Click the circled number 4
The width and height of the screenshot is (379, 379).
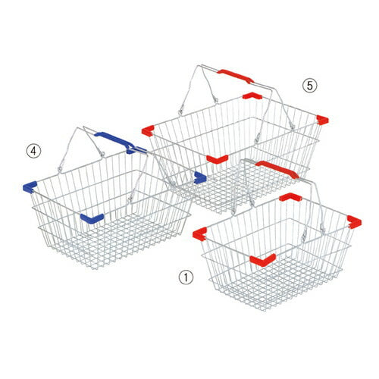click(x=33, y=152)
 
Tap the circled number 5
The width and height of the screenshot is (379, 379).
click(x=309, y=86)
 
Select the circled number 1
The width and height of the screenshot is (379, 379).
click(x=186, y=277)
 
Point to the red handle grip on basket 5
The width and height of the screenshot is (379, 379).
click(x=236, y=76)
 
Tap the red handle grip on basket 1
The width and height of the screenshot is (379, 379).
click(x=277, y=169)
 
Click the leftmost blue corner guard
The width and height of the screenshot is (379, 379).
click(x=30, y=188)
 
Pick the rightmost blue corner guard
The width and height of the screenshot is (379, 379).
click(x=200, y=177)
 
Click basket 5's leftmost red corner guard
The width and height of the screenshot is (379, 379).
click(x=148, y=131)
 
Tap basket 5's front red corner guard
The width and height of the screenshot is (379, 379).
click(x=218, y=159)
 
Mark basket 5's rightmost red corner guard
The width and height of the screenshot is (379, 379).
click(x=322, y=120)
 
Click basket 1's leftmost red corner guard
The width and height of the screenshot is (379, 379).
click(x=199, y=233)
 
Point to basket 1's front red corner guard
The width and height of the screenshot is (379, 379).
click(x=263, y=260)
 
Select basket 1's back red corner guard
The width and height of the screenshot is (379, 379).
click(x=290, y=197)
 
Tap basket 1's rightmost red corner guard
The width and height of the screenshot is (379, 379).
click(x=354, y=222)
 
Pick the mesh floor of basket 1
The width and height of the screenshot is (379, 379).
click(x=275, y=280)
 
